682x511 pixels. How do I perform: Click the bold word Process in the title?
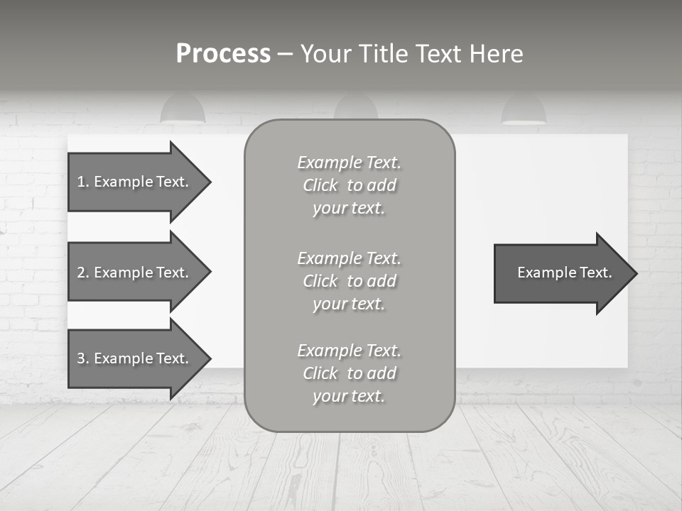[223, 54]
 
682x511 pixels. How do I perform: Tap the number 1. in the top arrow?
[83, 182]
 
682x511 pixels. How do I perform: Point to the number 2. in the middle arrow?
[83, 273]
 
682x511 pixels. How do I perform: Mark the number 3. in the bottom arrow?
[83, 358]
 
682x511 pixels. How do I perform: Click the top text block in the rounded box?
[349, 185]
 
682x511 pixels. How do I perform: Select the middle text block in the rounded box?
[349, 281]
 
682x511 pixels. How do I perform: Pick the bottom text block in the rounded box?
[349, 373]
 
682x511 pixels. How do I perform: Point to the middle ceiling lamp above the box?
[355, 108]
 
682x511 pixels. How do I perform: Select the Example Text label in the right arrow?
[564, 273]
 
